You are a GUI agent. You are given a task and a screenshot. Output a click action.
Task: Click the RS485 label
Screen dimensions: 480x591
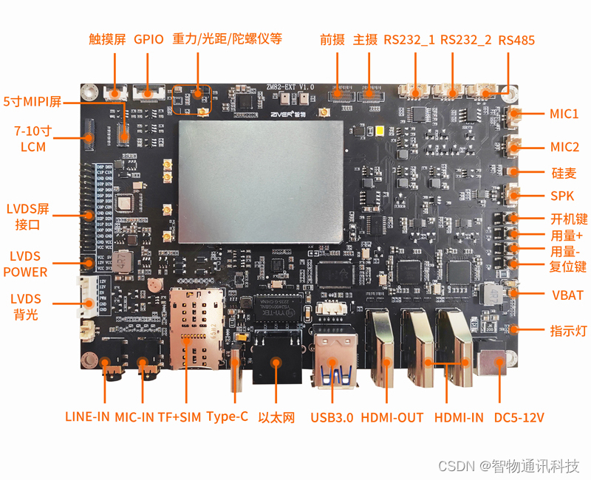pyautogui.click(x=516, y=40)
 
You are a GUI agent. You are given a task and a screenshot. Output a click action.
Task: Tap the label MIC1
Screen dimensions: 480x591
pyautogui.click(x=564, y=114)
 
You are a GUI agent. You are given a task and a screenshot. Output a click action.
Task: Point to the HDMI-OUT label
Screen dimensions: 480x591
pyautogui.click(x=392, y=417)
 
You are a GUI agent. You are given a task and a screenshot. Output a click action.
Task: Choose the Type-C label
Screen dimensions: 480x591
pyautogui.click(x=227, y=417)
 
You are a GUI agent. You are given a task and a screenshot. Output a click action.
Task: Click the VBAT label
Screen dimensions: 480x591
pyautogui.click(x=567, y=295)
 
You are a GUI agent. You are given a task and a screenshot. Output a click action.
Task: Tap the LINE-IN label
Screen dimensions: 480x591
pyautogui.click(x=87, y=417)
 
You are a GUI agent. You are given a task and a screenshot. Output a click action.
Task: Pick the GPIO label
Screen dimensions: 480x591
pyautogui.click(x=148, y=40)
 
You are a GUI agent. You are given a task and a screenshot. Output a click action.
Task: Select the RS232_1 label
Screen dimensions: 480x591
pyautogui.click(x=410, y=40)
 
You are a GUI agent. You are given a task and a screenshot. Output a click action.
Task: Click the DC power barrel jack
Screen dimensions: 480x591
pyautogui.click(x=490, y=362)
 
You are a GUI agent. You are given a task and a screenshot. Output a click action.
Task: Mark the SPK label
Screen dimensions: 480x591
pyautogui.click(x=562, y=196)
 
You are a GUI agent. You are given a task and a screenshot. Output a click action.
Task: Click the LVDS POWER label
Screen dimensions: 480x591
pyautogui.click(x=25, y=264)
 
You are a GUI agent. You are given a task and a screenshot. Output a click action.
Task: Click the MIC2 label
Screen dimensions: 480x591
pyautogui.click(x=564, y=146)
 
